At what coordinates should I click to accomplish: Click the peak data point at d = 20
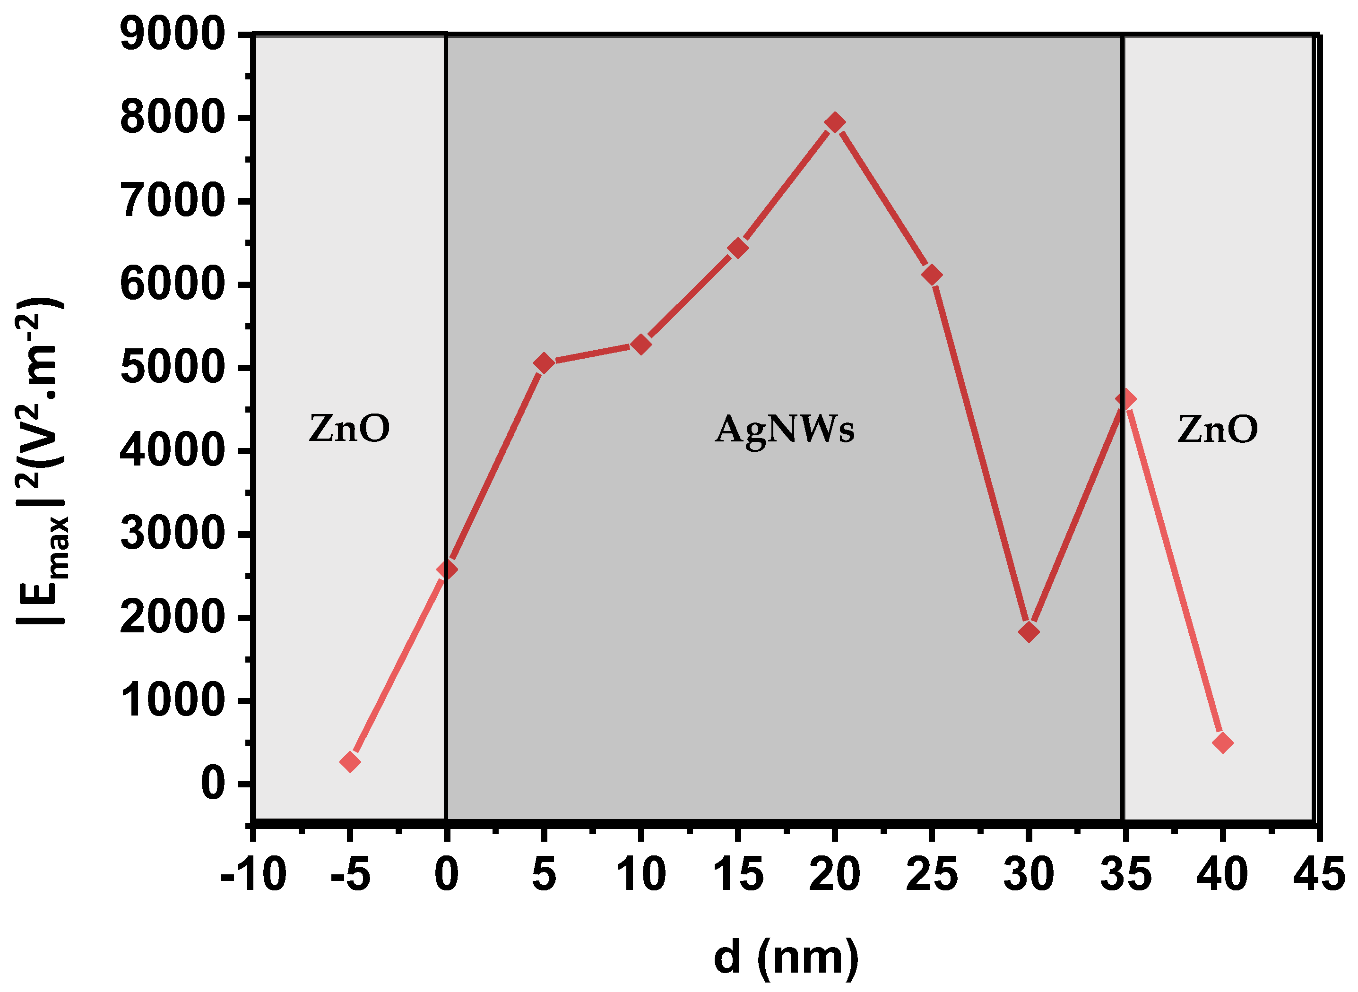(x=834, y=122)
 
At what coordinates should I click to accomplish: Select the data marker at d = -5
(x=350, y=762)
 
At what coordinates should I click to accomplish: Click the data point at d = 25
(x=932, y=275)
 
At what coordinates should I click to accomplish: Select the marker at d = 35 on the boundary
(x=1125, y=399)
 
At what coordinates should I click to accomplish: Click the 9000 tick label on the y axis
(x=173, y=35)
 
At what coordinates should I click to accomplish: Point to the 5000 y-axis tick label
(x=173, y=368)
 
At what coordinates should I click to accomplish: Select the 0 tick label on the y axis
(x=213, y=784)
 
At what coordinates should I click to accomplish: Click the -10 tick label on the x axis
(x=253, y=875)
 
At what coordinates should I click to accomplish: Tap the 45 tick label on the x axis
(x=1318, y=875)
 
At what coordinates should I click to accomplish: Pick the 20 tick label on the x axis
(x=834, y=875)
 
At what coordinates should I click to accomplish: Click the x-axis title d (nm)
(x=786, y=957)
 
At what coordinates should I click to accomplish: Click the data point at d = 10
(x=640, y=344)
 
